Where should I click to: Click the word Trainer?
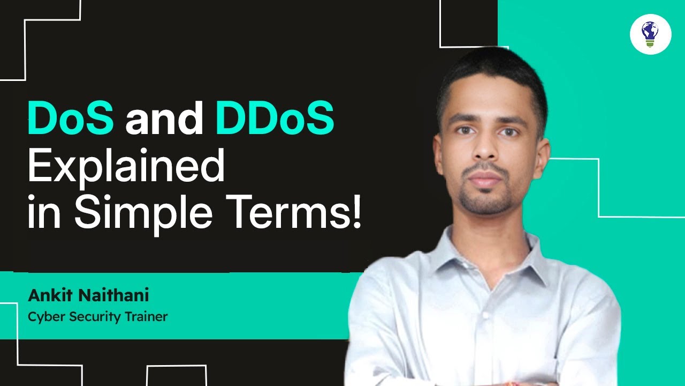point(147,317)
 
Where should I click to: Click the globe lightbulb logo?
point(650,34)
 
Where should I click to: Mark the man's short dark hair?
point(490,75)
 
